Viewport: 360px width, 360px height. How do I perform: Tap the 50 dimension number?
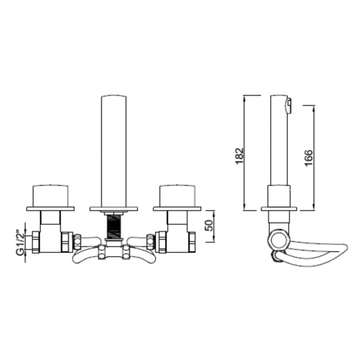[209, 225]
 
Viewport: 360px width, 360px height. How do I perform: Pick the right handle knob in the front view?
[177, 195]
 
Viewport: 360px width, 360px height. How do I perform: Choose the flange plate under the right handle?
[177, 209]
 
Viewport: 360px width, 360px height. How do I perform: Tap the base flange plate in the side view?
[279, 209]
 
